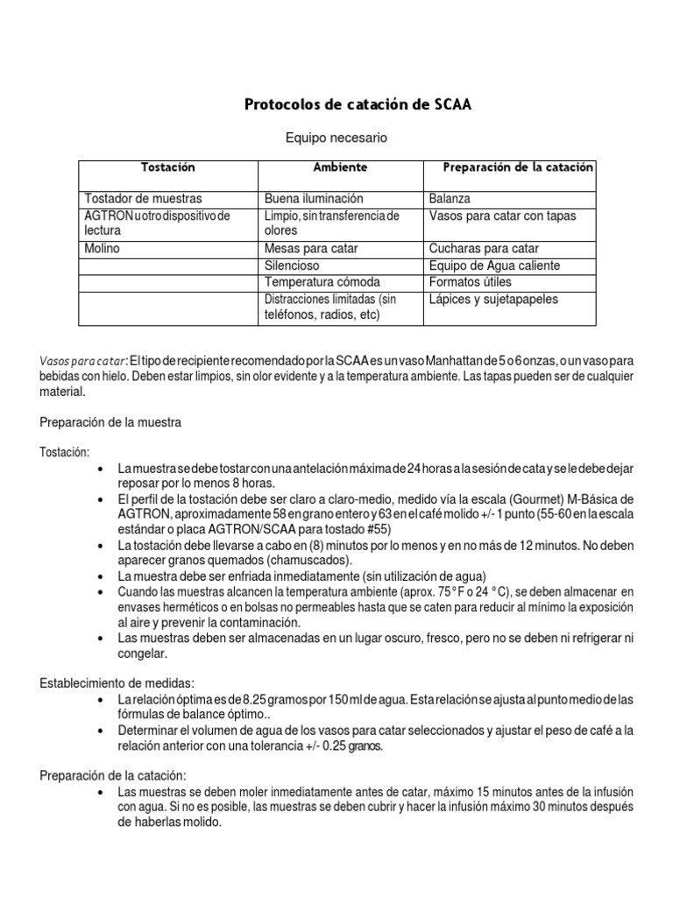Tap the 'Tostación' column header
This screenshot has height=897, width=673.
167,166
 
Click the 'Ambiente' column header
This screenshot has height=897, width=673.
340,166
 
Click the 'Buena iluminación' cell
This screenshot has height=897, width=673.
314,199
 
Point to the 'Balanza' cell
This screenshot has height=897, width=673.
450,199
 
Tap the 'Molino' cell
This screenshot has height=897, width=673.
102,249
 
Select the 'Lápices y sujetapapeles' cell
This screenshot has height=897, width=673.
493,300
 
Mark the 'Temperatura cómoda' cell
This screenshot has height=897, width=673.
319,282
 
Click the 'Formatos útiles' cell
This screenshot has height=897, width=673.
471,282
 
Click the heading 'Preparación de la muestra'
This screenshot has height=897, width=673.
110,422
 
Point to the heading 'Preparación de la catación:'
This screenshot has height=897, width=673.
113,775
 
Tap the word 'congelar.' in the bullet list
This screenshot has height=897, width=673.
144,653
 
